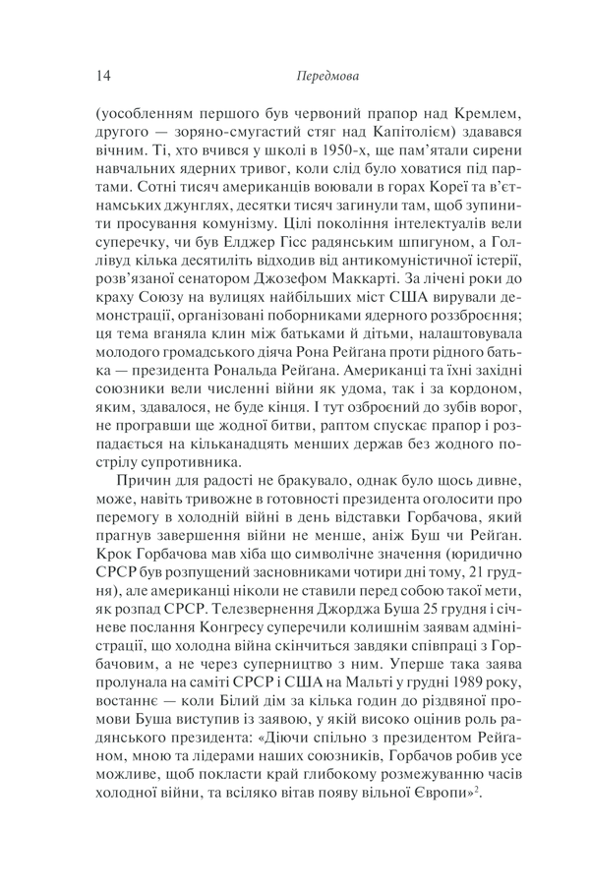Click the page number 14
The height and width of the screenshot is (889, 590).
[x=106, y=74]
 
